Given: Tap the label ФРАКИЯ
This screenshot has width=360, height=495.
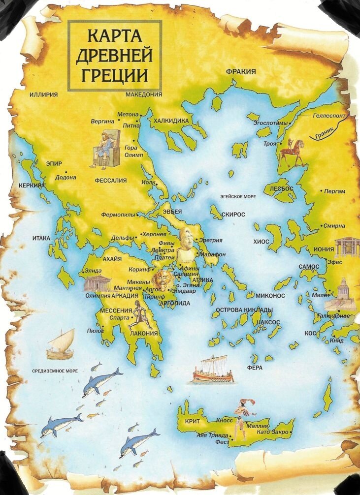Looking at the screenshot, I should pyautogui.click(x=241, y=72).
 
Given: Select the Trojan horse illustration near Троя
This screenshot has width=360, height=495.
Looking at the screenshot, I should pyautogui.click(x=291, y=152).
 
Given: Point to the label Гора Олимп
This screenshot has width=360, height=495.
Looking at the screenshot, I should pyautogui.click(x=133, y=151).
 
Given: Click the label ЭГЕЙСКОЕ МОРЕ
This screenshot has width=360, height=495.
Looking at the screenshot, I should pyautogui.click(x=238, y=196).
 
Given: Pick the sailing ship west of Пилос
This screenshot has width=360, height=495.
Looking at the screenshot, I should pyautogui.click(x=61, y=344).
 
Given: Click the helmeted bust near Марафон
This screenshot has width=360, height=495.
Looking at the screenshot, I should pyautogui.click(x=188, y=245).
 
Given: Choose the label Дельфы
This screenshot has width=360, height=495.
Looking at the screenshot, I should pyautogui.click(x=122, y=238).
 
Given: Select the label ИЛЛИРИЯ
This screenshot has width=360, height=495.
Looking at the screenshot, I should pyautogui.click(x=44, y=94).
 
